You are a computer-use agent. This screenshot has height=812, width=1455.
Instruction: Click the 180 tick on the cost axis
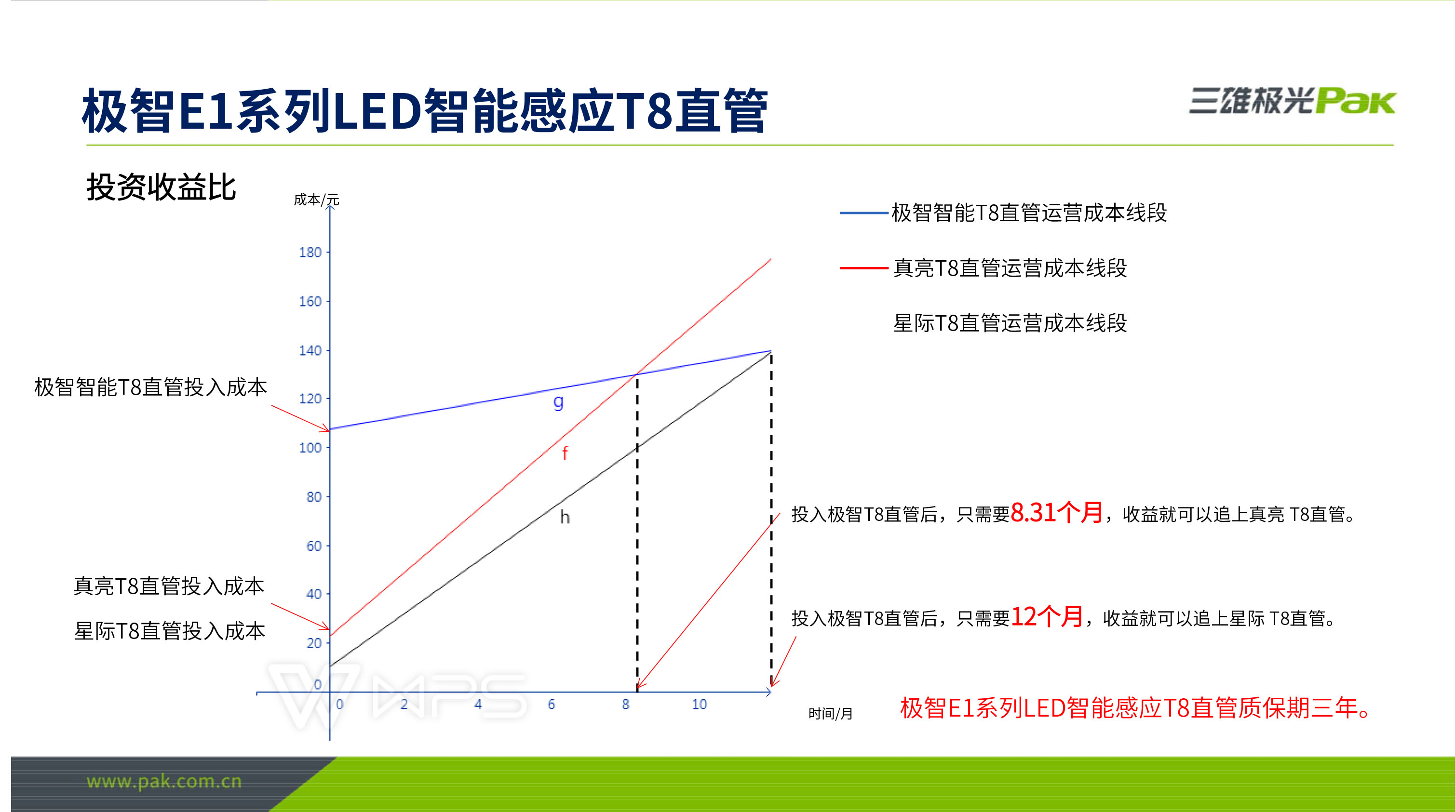(310, 252)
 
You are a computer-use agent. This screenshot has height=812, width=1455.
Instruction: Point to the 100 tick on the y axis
(310, 448)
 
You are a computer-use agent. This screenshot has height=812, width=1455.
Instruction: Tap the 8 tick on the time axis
(625, 704)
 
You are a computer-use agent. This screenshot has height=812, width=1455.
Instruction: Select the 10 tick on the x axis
(699, 704)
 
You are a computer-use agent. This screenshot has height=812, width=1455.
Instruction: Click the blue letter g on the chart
(558, 402)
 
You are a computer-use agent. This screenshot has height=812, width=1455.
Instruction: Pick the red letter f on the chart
(565, 453)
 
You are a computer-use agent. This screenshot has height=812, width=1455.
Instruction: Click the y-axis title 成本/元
(316, 200)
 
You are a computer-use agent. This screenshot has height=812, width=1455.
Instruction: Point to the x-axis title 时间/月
(830, 714)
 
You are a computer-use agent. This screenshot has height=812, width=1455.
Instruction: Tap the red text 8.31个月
(1056, 513)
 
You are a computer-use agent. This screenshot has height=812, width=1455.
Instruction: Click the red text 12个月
(1047, 617)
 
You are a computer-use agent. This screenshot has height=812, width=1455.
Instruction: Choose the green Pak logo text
(1355, 102)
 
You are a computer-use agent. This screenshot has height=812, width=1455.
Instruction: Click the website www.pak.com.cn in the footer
(164, 782)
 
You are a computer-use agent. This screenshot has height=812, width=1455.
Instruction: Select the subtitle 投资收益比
(161, 187)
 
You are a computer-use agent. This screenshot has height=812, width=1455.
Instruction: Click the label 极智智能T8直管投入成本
(150, 387)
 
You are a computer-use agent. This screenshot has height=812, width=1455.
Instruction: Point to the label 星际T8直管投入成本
(169, 631)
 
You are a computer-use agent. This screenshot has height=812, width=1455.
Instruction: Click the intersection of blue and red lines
(637, 374)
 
